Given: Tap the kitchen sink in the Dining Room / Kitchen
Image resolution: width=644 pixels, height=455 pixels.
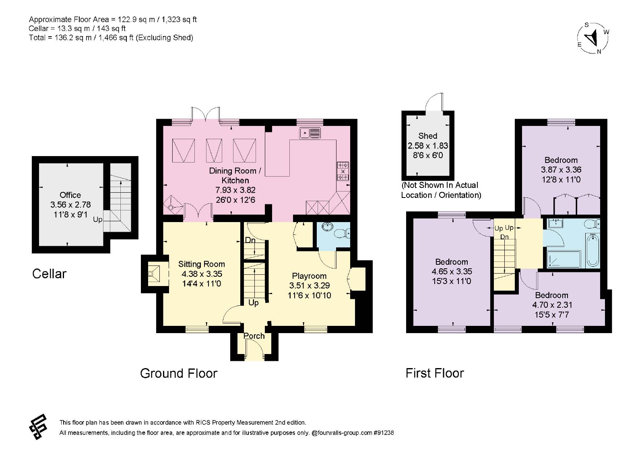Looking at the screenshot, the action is click(310, 133).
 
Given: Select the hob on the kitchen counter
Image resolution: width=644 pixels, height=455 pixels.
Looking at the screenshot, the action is click(343, 171).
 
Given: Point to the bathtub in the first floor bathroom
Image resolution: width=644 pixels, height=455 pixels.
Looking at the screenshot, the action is click(592, 250).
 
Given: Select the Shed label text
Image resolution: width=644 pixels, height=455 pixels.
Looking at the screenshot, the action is click(427, 136).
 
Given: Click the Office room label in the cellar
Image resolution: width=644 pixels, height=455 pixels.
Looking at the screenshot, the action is click(70, 195).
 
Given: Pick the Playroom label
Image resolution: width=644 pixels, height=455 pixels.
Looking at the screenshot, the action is click(309, 276).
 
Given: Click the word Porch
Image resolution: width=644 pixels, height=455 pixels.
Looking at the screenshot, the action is click(254, 336).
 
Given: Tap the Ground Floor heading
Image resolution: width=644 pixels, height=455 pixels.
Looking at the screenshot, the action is click(179, 373).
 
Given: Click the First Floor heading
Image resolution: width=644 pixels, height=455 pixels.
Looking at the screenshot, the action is click(435, 373).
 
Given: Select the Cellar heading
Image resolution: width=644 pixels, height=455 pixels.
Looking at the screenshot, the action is click(49, 274).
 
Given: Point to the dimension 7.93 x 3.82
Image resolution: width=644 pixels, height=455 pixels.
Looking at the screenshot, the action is click(235, 190).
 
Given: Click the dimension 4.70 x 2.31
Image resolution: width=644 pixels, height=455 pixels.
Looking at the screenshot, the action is click(552, 305).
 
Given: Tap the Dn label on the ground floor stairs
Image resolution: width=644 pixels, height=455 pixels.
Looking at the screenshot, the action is click(250, 240).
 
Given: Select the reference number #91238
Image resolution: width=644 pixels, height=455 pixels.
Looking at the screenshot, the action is click(384, 432).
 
